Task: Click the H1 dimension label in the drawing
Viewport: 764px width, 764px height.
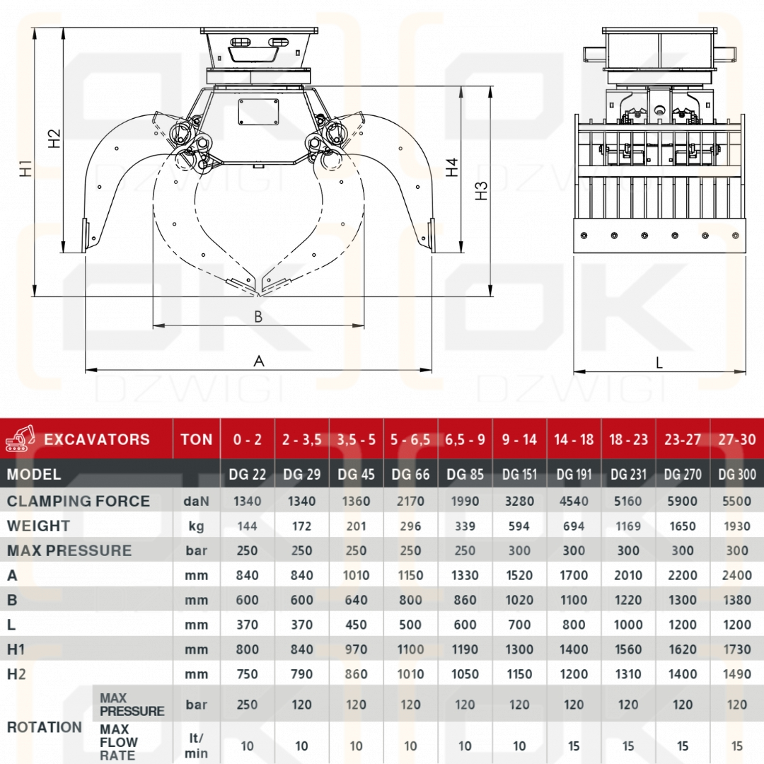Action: pos(26,168)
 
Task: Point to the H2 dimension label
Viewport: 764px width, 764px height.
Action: pos(54,138)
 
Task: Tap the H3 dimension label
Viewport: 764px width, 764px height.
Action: pos(482,190)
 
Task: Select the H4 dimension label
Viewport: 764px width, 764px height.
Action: pos(452,167)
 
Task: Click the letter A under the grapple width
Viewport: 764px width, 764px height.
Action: pos(259,361)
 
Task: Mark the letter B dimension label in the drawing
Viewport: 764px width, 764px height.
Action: pos(258,317)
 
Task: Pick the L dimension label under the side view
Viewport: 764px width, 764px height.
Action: pos(659,363)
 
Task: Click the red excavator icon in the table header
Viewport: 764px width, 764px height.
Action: pos(21,439)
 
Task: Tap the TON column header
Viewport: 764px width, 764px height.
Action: pos(196,439)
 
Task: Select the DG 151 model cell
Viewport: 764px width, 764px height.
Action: pos(519,475)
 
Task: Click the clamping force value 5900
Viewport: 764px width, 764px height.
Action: pos(683,502)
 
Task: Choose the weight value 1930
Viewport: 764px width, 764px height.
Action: pos(737,526)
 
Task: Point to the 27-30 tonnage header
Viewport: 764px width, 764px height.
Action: pos(737,439)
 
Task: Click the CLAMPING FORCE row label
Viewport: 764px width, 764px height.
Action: pos(79,502)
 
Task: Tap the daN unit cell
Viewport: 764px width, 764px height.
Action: pos(196,502)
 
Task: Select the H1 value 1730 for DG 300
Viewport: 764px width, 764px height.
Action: pos(737,649)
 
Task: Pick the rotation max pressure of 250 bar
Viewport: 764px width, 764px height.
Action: pos(248,705)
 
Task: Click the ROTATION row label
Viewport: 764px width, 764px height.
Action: pos(45,727)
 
